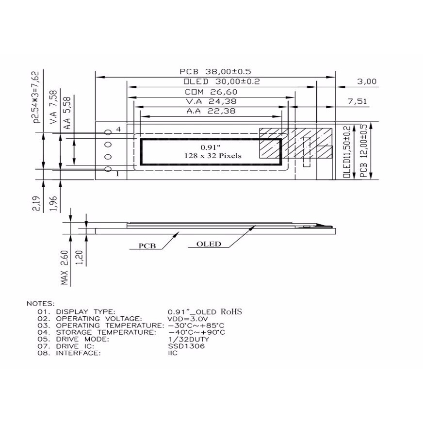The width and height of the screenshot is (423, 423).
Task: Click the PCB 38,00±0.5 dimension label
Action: pyautogui.click(x=215, y=71)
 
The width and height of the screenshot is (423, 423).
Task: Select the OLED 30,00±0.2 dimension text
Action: pyautogui.click(x=222, y=81)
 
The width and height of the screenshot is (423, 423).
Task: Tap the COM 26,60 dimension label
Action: pyautogui.click(x=211, y=92)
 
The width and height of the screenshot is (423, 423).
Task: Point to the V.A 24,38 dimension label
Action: pyautogui.click(x=211, y=101)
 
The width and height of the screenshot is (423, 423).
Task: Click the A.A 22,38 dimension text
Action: pyautogui.click(x=211, y=111)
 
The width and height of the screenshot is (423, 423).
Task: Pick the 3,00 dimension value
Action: pyautogui.click(x=367, y=81)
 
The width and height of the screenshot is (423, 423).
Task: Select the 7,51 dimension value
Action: pyautogui.click(x=358, y=101)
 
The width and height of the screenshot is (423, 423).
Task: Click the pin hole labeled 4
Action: pyautogui.click(x=108, y=132)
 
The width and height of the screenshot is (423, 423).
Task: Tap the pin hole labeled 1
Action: pyautogui.click(x=108, y=169)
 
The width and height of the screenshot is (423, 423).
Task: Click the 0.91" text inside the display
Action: pyautogui.click(x=211, y=147)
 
